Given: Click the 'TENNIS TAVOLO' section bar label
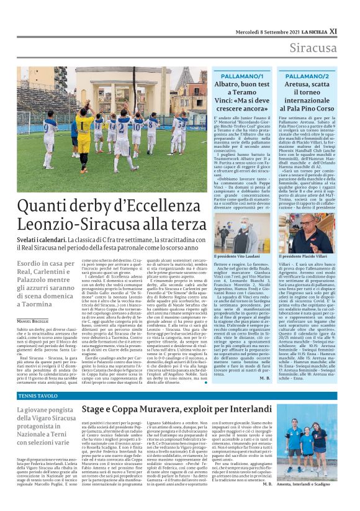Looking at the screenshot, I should point(34,396).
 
